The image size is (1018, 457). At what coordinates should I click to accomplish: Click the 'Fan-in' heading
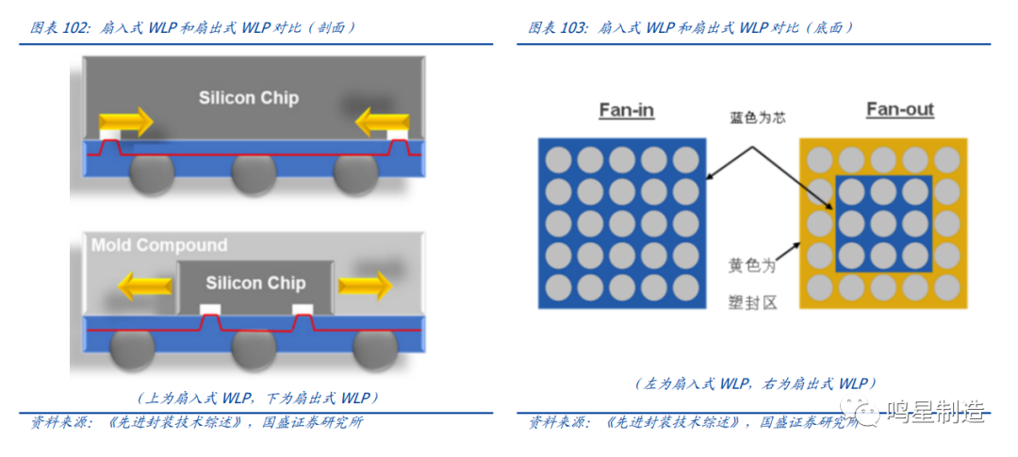(x=626, y=111)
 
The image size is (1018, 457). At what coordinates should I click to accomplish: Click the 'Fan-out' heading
(x=899, y=110)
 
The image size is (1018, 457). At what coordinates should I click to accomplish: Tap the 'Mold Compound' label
(x=159, y=246)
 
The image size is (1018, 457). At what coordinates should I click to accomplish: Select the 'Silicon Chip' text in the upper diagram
(x=248, y=98)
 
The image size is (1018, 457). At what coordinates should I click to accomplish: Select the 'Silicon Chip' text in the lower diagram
(x=255, y=283)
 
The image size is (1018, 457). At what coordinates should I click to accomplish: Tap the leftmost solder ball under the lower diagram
(x=132, y=351)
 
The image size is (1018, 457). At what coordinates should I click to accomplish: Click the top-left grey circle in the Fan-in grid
(x=558, y=159)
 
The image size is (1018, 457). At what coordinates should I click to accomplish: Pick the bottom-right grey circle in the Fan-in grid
(x=686, y=286)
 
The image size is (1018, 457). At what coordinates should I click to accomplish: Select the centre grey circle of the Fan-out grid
(x=883, y=223)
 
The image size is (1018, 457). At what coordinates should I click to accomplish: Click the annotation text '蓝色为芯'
(x=757, y=118)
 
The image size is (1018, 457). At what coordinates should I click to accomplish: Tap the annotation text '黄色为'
(x=752, y=267)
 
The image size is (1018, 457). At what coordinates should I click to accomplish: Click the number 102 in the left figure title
(x=76, y=28)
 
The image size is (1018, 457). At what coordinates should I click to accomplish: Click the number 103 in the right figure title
(x=572, y=28)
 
